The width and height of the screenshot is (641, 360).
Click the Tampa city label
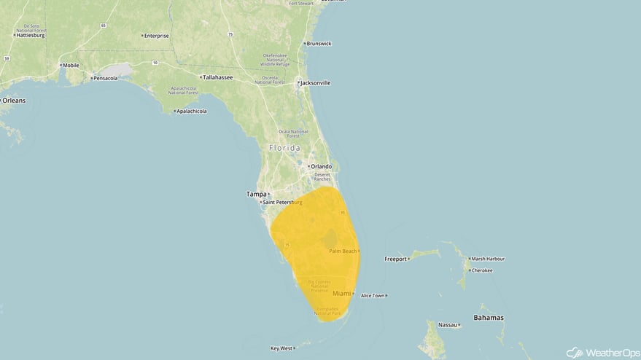(x=257, y=194)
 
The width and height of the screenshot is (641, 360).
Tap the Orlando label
(x=321, y=166)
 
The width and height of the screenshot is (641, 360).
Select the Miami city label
(x=341, y=293)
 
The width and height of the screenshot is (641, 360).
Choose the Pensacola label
(x=104, y=78)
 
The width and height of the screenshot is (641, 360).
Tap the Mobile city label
(x=71, y=65)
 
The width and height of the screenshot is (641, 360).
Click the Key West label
(x=281, y=348)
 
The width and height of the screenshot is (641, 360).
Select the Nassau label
(x=447, y=324)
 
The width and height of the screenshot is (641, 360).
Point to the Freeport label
(x=396, y=259)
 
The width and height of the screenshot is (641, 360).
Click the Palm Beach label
(x=343, y=251)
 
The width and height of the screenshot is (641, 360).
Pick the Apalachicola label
(x=191, y=111)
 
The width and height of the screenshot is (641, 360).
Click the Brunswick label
(x=319, y=44)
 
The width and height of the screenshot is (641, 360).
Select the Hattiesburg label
(x=30, y=35)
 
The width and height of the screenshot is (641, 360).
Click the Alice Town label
(x=373, y=295)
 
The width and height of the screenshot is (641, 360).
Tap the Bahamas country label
(x=488, y=318)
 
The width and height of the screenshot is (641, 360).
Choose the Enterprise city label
(x=156, y=36)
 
